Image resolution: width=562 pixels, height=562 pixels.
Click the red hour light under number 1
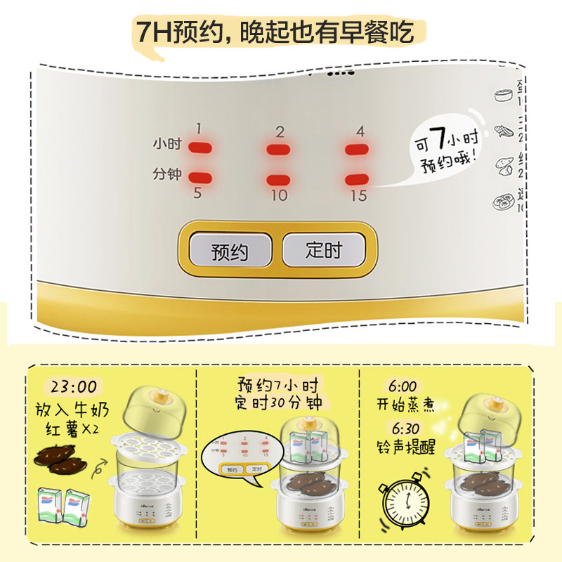200,148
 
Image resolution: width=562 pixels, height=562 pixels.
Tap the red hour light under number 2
279,149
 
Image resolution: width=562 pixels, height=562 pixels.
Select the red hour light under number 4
358,149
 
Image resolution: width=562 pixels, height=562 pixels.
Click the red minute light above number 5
200,178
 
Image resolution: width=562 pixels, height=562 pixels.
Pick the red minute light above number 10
279,179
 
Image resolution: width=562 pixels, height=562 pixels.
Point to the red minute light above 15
358,179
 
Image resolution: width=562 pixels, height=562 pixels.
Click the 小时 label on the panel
166,145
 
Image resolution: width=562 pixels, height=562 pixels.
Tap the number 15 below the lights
358,196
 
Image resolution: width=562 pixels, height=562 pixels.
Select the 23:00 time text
72,388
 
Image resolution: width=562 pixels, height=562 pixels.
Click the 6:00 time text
402,387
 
